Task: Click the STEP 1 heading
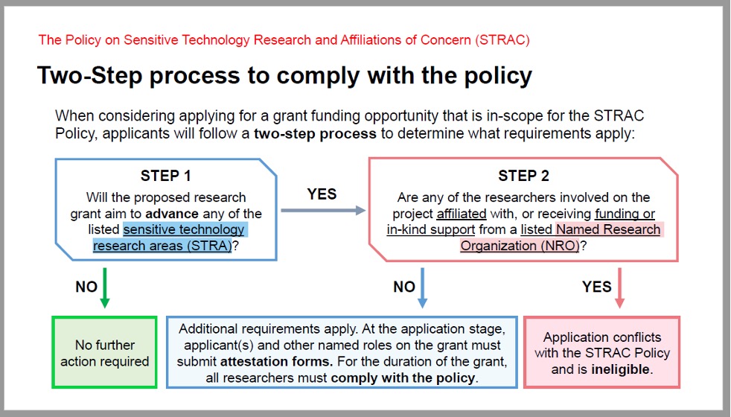165,176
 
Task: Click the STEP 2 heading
523,176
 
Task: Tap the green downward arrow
105,287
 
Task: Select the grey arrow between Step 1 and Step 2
323,211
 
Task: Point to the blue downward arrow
422,287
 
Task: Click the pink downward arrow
619,287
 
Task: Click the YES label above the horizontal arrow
322,194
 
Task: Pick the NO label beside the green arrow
86,287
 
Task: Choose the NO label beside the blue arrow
404,287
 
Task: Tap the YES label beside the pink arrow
597,287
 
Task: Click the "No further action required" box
104,353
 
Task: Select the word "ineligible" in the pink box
621,369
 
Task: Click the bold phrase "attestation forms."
277,361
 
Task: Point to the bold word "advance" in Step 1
172,214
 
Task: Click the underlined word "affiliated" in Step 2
462,214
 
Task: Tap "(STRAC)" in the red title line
502,40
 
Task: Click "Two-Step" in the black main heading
89,76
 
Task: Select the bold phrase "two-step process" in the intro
315,134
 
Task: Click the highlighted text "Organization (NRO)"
520,246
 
